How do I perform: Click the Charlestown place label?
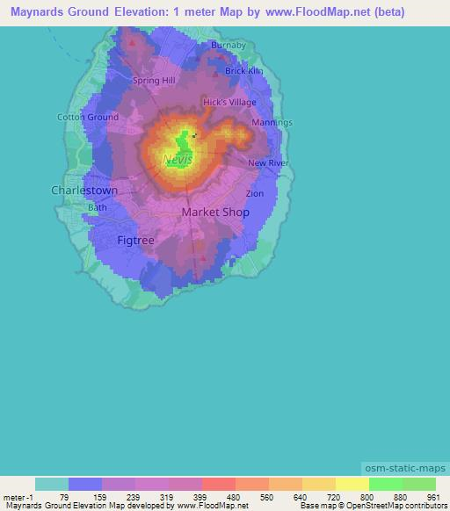tap(84, 190)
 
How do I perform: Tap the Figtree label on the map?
tap(135, 239)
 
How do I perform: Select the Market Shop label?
tap(215, 212)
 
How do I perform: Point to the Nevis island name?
tap(178, 160)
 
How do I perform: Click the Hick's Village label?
tap(229, 103)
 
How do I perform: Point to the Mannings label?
tap(272, 122)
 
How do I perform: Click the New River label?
tap(268, 163)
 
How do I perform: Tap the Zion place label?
tap(255, 193)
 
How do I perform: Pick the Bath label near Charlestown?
tap(97, 207)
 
